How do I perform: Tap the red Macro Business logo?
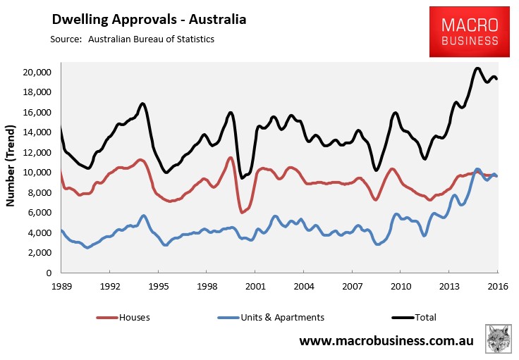coord(469,32)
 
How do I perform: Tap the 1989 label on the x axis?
coord(61,287)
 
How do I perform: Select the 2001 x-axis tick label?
coord(255,287)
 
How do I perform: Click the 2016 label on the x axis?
coord(497,287)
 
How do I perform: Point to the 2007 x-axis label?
coord(352,287)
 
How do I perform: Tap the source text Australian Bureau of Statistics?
coord(151,39)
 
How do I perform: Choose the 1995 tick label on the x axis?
coord(158,287)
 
